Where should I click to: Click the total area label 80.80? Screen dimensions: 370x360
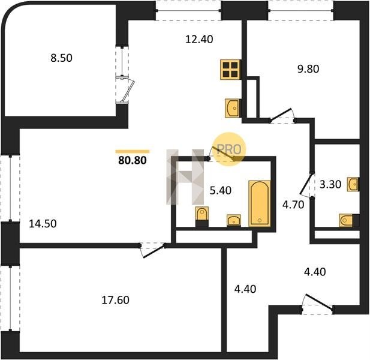pos(133,160)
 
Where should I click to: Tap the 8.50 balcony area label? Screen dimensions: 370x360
pos(61,58)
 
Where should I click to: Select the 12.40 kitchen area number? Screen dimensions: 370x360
pos(199,39)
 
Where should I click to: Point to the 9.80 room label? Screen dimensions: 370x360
pos(308,69)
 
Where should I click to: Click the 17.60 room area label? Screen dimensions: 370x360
pos(115,300)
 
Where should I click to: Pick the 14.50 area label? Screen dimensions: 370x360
pos(43,224)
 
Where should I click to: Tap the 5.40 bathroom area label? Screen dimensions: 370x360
pos(221,191)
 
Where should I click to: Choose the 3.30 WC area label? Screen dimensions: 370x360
pos(330,184)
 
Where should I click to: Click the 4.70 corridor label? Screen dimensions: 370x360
pos(293,205)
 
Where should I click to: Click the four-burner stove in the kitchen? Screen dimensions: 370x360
pos(230,70)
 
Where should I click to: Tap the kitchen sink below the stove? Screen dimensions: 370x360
pos(233,108)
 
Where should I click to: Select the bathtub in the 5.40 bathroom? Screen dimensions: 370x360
pos(260,203)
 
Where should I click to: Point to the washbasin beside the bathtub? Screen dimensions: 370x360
pos(234,220)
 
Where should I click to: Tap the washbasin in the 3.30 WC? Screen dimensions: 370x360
pos(353,184)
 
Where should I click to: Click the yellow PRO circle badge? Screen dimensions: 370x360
pos(229,149)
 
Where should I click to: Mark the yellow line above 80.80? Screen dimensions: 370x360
pos(133,152)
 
